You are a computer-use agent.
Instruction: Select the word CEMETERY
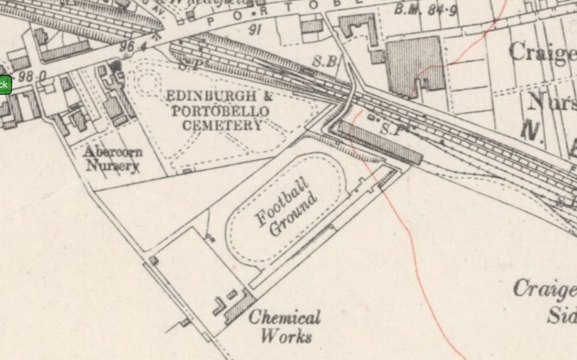[222, 125]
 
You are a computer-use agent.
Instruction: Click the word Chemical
[284, 318]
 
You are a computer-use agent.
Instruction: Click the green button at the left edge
[4, 85]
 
